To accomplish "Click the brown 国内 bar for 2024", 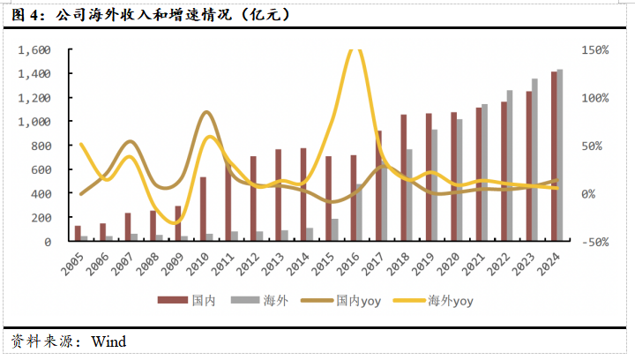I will click(554, 156).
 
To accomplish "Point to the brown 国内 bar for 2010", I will click(203, 209).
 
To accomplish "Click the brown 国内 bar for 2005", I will click(78, 233).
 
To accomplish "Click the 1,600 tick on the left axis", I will click(34, 50).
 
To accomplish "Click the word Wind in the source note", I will click(109, 341).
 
